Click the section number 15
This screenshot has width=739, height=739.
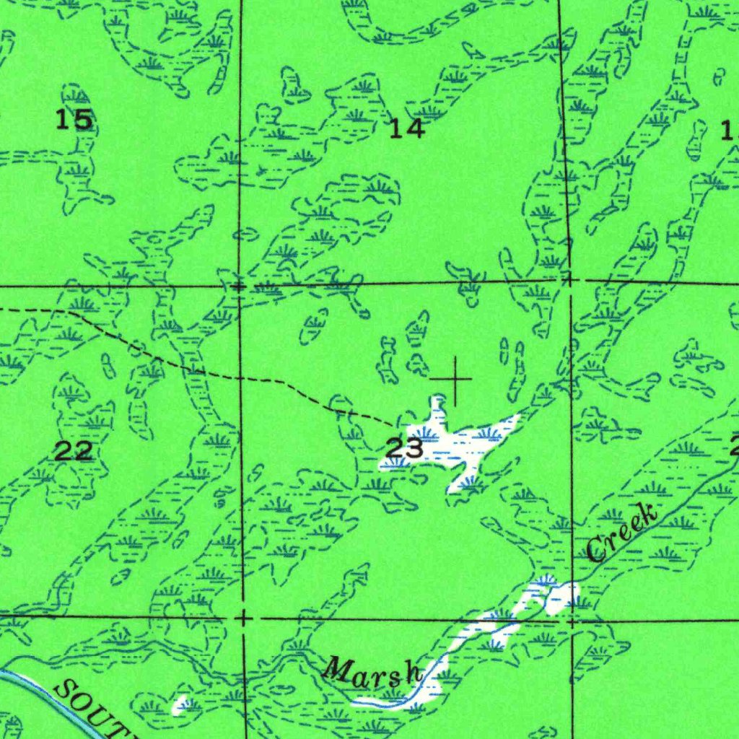tap(74, 119)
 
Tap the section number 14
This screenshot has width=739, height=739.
tap(406, 128)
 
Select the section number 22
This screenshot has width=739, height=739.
tap(73, 452)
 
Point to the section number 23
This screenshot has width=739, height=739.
tap(404, 449)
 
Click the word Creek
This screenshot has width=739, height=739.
tap(622, 534)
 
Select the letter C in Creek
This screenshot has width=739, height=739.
tap(597, 551)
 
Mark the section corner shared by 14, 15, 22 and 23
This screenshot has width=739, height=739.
tap(240, 287)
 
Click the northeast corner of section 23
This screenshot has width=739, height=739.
tap(569, 279)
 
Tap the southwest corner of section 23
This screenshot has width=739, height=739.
tap(244, 618)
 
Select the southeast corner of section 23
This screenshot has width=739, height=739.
tap(572, 619)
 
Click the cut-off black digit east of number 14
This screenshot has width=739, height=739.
tap(730, 131)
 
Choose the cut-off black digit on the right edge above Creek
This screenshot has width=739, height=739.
tap(734, 447)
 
